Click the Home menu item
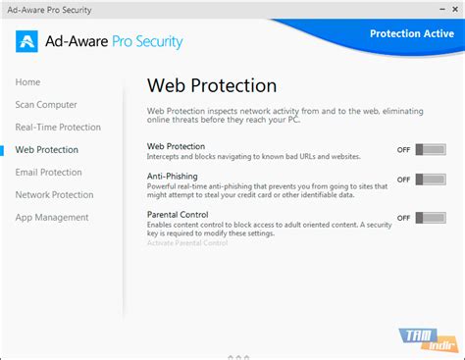tap(28, 81)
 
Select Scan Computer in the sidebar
tap(46, 104)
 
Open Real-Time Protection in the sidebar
tap(58, 127)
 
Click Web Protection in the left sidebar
tap(47, 149)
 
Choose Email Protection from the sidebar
tap(49, 172)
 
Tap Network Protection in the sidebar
tap(55, 194)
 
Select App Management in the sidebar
tap(52, 217)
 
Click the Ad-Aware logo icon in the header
tap(26, 42)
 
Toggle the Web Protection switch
tap(430, 149)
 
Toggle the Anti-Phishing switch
tap(430, 180)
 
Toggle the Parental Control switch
tap(430, 217)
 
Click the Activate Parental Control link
tap(187, 241)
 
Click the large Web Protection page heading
tap(212, 85)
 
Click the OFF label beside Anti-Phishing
tap(403, 180)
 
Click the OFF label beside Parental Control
tap(403, 218)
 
